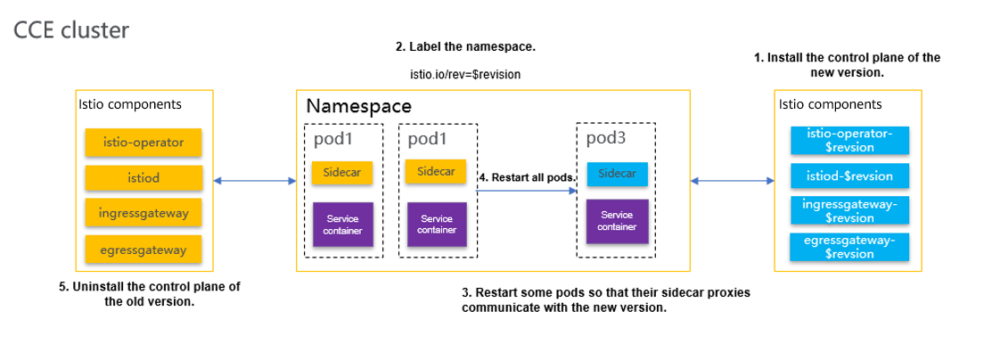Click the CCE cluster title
click(x=71, y=30)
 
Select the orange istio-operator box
click(x=143, y=143)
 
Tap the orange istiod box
click(x=143, y=178)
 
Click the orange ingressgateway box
click(x=143, y=213)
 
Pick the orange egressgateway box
click(x=143, y=250)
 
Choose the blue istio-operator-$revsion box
click(x=849, y=141)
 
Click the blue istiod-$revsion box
click(x=849, y=176)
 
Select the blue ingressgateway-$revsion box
click(x=849, y=210)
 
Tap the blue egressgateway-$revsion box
click(x=849, y=247)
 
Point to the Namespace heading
click(x=358, y=106)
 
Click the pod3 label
click(x=606, y=138)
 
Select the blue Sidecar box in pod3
click(x=616, y=174)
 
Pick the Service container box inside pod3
click(x=617, y=222)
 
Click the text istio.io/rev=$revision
click(x=465, y=74)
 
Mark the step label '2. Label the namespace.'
click(x=465, y=47)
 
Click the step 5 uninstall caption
click(x=150, y=294)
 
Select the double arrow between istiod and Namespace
click(x=255, y=181)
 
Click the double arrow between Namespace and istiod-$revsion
click(x=732, y=181)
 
